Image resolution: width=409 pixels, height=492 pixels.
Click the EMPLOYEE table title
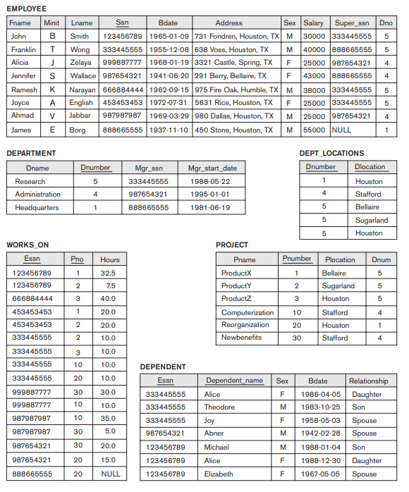(x=26, y=8)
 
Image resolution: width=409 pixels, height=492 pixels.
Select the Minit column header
(x=51, y=23)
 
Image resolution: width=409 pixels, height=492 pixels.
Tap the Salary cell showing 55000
(x=314, y=130)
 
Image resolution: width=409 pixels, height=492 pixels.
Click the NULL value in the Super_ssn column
(x=342, y=130)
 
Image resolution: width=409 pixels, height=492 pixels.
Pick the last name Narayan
(x=82, y=90)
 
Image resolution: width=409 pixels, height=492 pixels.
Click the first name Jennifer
(x=23, y=75)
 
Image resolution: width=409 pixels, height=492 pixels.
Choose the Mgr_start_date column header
(x=212, y=168)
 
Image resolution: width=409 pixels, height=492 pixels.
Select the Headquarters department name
(x=37, y=207)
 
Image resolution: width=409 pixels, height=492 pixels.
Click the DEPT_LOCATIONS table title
(x=331, y=153)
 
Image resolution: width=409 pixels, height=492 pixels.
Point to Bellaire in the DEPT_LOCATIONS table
(x=367, y=207)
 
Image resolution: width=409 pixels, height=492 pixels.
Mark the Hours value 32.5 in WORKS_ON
(x=108, y=273)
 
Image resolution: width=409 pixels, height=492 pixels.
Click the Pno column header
(x=78, y=259)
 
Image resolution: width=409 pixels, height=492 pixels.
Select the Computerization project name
(x=248, y=312)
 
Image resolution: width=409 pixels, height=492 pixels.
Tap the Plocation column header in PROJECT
(x=340, y=259)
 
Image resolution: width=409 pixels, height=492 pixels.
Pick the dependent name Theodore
(x=219, y=407)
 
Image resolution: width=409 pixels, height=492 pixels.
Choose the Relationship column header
(x=368, y=381)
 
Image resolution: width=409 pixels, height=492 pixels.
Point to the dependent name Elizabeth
(x=219, y=474)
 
